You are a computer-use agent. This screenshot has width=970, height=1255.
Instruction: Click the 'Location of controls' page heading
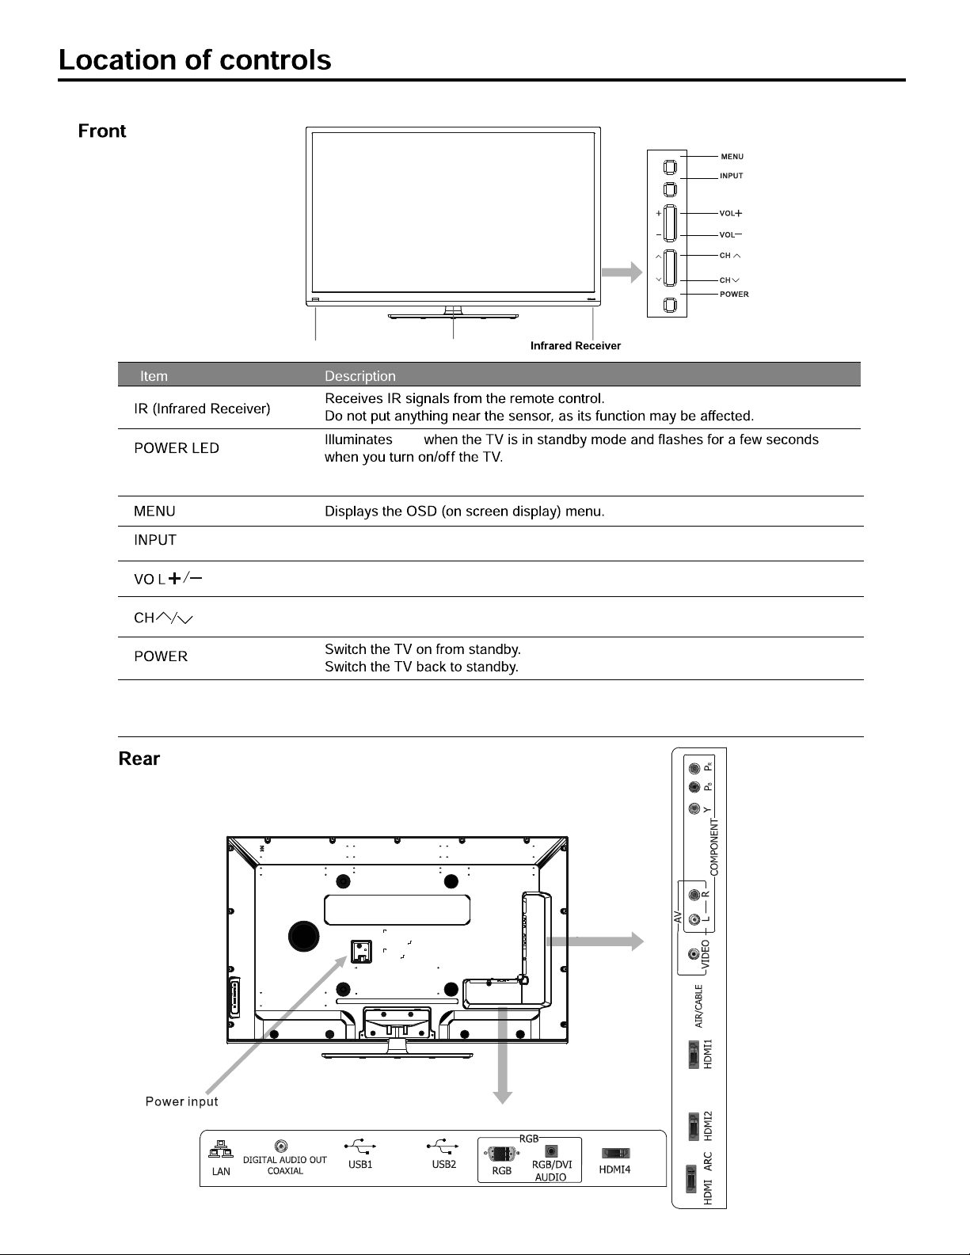[x=195, y=60]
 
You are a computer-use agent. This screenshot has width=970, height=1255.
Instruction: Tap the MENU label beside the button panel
[x=732, y=157]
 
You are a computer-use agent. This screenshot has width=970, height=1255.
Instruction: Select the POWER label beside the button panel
[x=734, y=294]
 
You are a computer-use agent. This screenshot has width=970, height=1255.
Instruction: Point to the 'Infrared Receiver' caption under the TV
[x=576, y=346]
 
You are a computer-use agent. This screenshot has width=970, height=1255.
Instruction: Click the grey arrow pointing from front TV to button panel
[x=622, y=272]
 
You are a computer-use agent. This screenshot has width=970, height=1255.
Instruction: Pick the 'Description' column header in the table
[x=360, y=376]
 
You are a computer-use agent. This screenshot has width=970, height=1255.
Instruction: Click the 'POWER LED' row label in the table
[x=177, y=448]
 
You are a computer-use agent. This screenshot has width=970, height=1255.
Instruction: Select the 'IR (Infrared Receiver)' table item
[x=202, y=409]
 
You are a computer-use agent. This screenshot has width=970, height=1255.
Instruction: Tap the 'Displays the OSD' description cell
[x=465, y=512]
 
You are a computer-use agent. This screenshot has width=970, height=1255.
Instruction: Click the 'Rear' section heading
[x=139, y=759]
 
